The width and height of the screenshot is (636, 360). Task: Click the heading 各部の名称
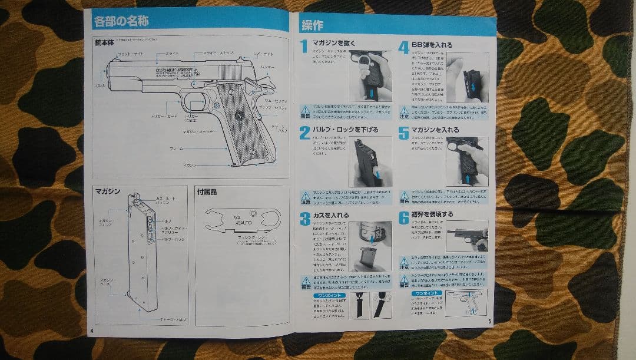(121, 22)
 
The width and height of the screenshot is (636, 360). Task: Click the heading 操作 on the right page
(312, 25)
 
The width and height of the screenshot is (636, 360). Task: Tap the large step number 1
(304, 47)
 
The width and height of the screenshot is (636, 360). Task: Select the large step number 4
(403, 47)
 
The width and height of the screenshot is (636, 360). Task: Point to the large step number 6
(403, 217)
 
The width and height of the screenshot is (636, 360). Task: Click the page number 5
(489, 321)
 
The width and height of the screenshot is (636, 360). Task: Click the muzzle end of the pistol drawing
(108, 75)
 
